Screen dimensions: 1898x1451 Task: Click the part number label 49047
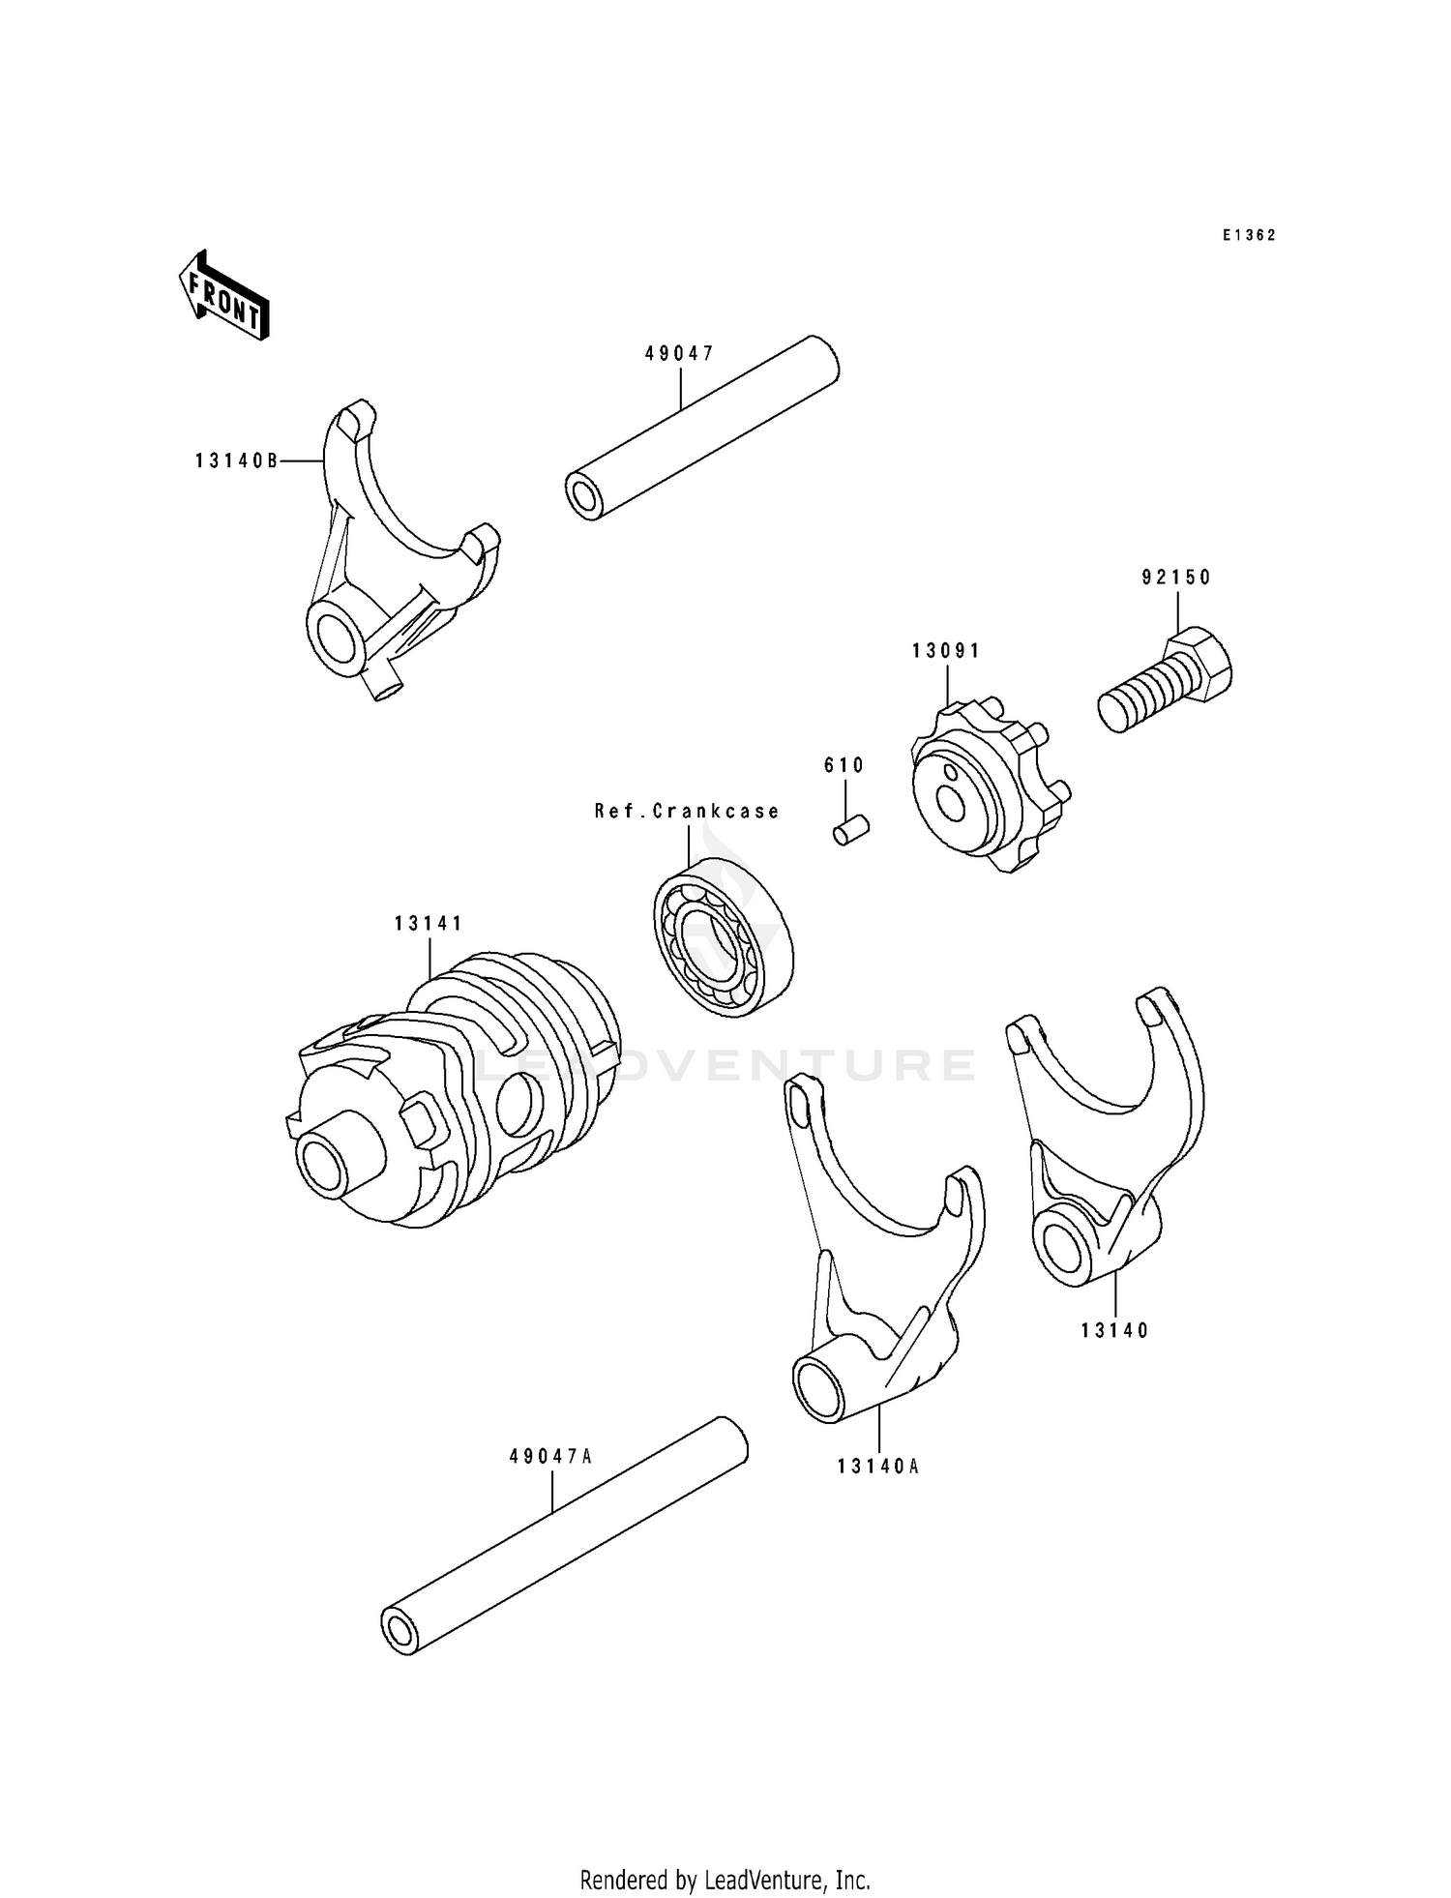click(x=679, y=354)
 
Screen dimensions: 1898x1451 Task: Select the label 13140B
click(x=236, y=461)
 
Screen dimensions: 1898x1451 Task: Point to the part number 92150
click(x=1175, y=578)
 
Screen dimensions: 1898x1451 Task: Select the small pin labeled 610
click(x=851, y=829)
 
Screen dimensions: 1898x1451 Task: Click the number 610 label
click(x=844, y=765)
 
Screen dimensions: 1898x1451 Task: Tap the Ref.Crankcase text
click(x=687, y=811)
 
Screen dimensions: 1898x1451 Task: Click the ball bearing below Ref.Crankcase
click(x=723, y=935)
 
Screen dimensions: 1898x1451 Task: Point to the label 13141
click(x=429, y=924)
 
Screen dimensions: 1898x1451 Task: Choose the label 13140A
click(x=878, y=1467)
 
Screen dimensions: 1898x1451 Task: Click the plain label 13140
click(x=1114, y=1331)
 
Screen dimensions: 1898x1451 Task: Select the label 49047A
click(x=549, y=1456)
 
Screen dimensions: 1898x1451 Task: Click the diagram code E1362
click(x=1248, y=235)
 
